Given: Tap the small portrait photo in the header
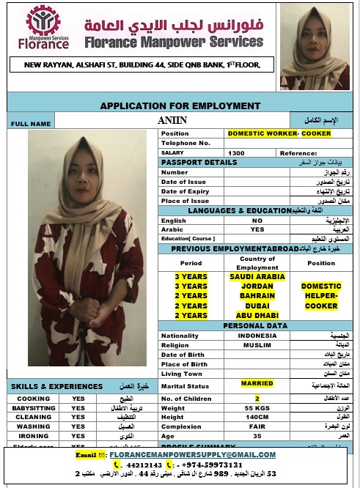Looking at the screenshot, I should click(314, 47).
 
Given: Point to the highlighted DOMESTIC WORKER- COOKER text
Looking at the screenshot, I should click(279, 133).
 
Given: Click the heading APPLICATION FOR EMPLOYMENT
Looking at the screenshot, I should click(180, 106).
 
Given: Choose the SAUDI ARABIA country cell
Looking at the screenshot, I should click(257, 277).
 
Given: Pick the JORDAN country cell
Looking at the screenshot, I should click(257, 286).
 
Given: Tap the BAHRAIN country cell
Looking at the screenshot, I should click(257, 296).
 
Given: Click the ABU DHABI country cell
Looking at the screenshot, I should click(257, 315).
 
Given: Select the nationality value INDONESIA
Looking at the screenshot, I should click(257, 336).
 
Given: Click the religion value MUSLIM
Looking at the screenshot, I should click(257, 345).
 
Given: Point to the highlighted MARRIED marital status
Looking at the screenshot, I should click(257, 383).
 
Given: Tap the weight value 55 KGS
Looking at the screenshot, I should click(257, 407).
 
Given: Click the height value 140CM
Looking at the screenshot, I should click(257, 417).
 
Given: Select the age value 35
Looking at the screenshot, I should click(257, 436).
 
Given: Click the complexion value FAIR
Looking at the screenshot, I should click(257, 426).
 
